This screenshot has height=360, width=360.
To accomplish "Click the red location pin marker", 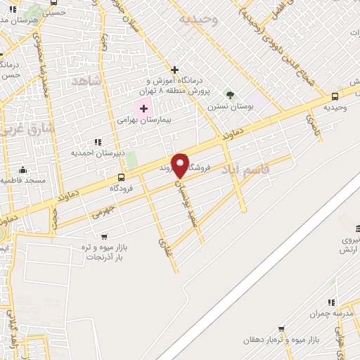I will click(x=180, y=165).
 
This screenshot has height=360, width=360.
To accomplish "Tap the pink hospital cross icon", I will click(x=144, y=108).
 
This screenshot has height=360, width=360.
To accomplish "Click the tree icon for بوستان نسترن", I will click(x=229, y=94).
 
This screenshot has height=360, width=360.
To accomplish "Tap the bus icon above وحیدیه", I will click(x=334, y=96).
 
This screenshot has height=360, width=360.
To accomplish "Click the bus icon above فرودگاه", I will click(x=122, y=177).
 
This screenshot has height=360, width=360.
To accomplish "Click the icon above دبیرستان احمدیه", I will click(x=97, y=142).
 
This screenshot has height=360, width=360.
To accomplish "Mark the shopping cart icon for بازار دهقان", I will click(x=281, y=328).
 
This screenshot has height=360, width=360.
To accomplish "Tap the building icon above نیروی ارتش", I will click(x=358, y=229).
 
